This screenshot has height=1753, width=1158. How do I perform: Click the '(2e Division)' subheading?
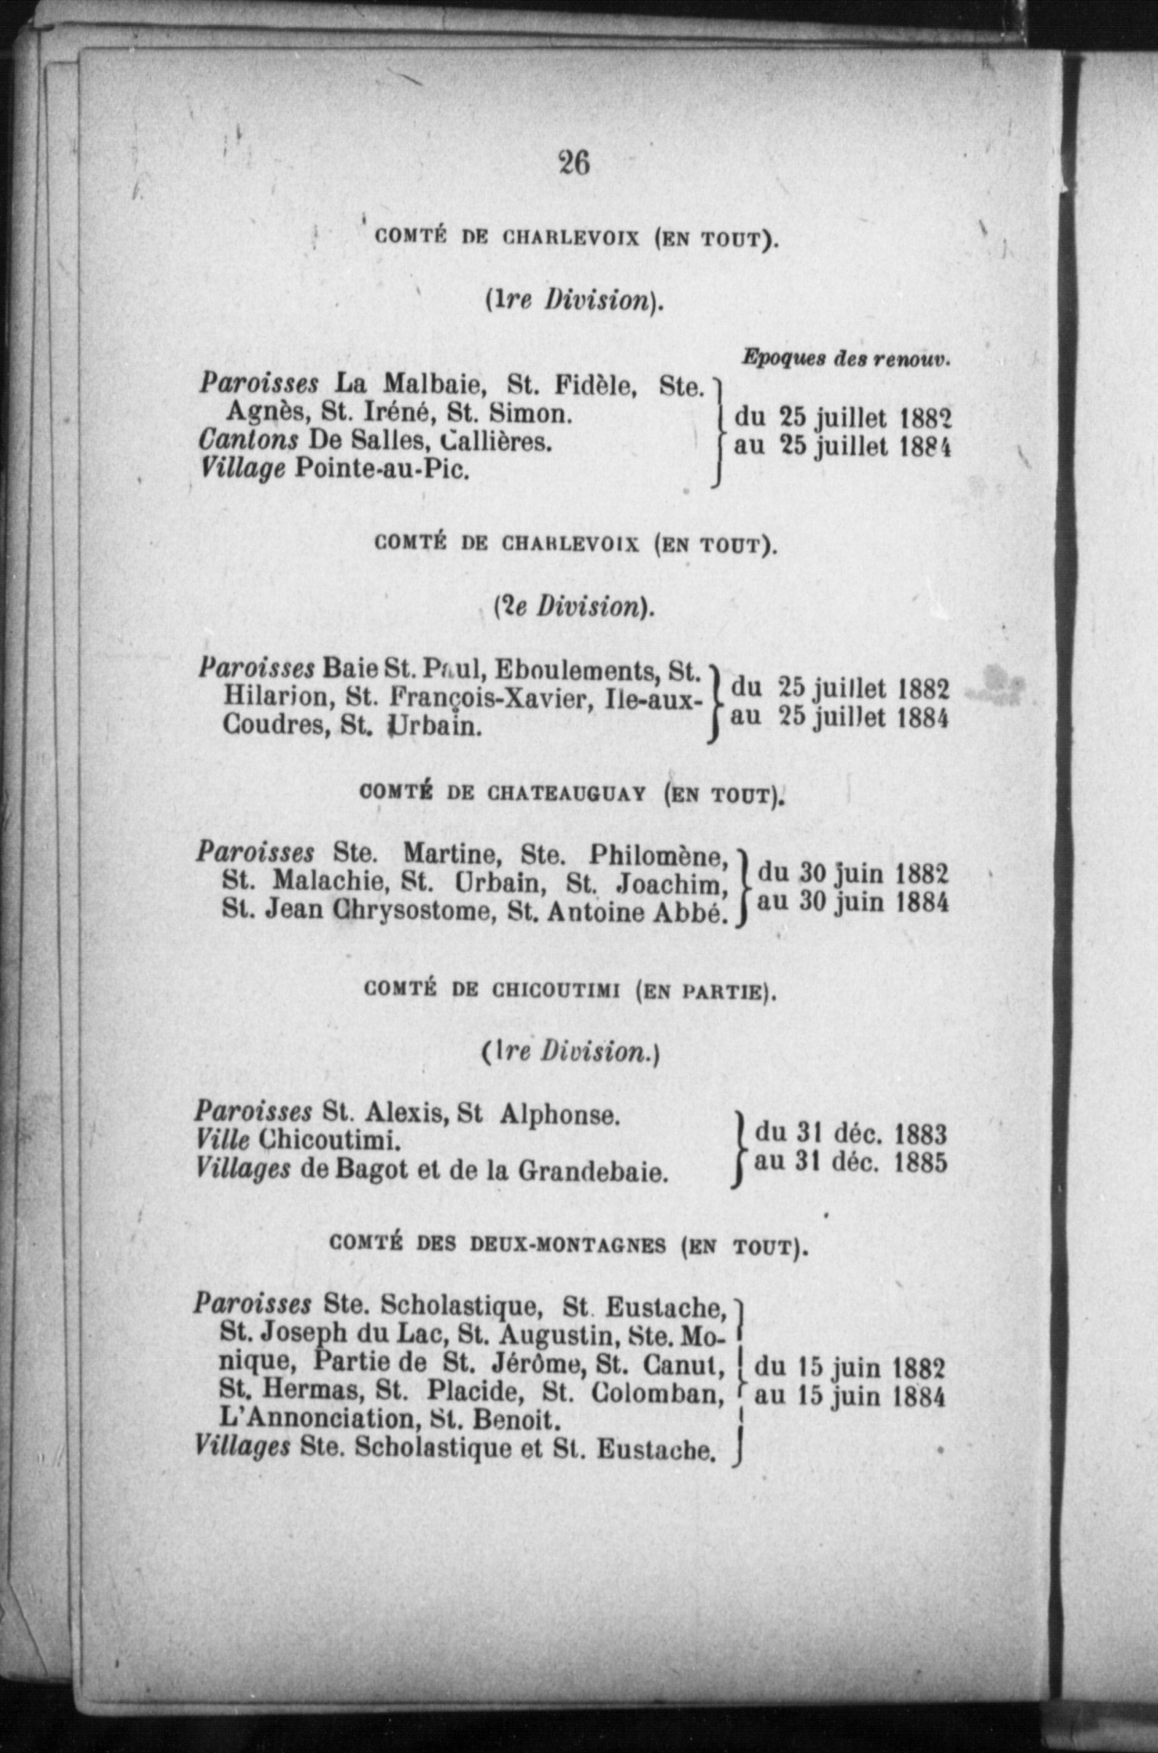574,607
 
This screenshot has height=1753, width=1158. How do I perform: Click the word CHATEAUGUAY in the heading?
566,794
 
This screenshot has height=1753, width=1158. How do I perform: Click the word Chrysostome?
415,912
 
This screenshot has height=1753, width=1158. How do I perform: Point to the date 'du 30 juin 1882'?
853,873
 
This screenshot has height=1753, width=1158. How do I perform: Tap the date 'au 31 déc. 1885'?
850,1162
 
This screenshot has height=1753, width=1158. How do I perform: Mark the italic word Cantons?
248,441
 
